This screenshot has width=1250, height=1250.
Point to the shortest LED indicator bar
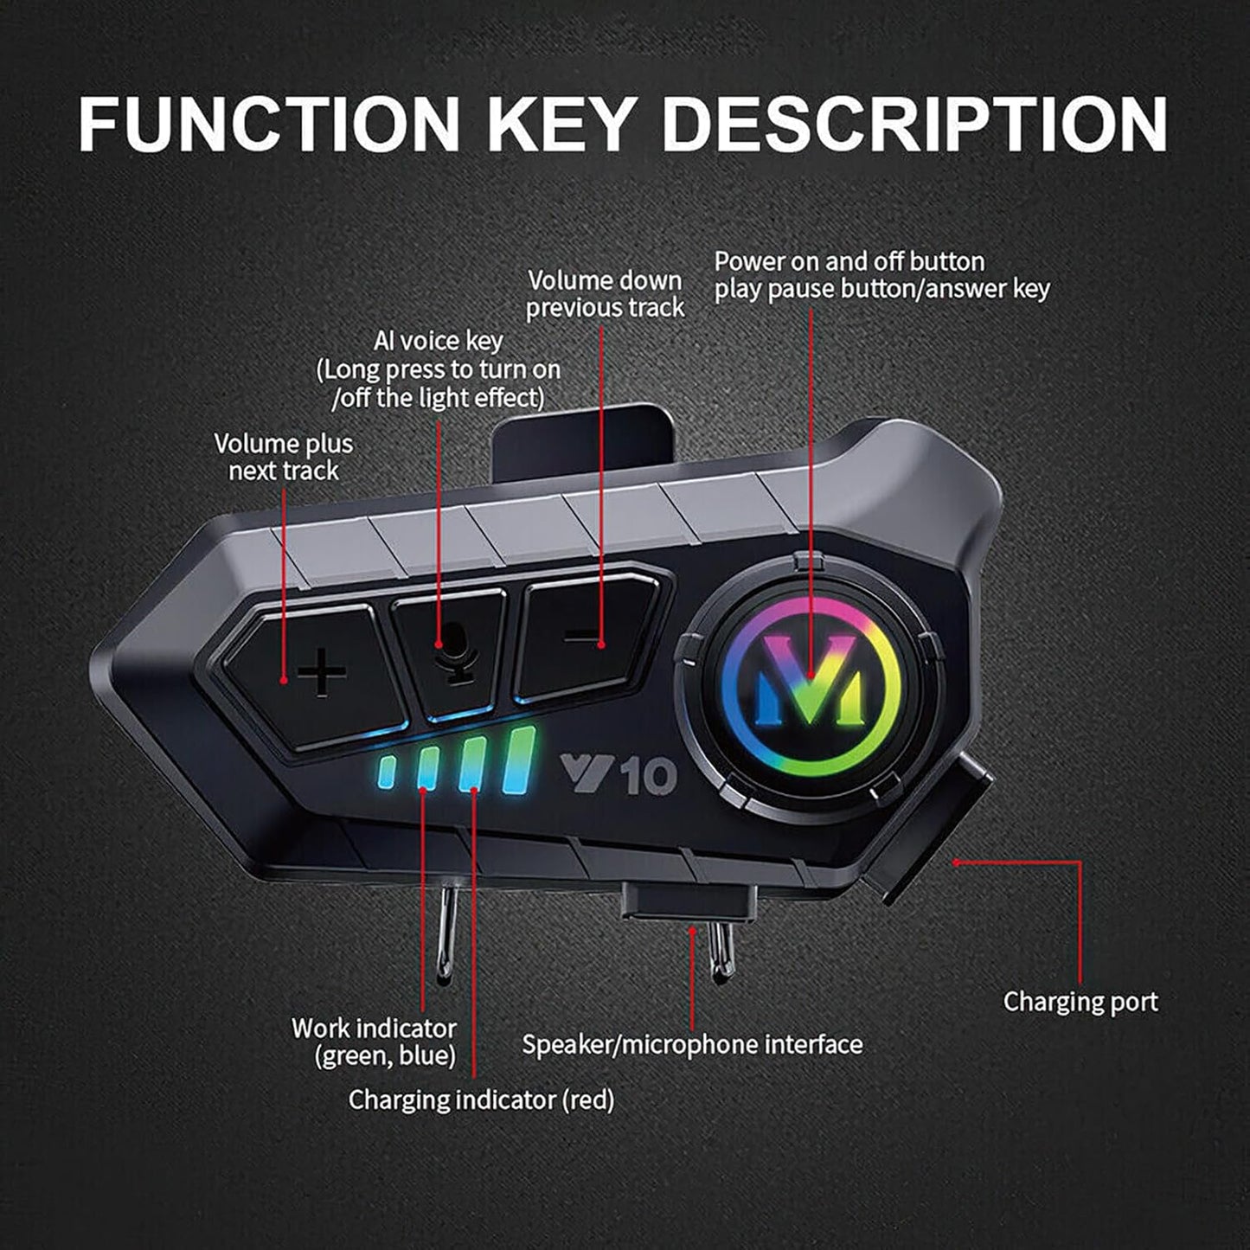[x=386, y=773]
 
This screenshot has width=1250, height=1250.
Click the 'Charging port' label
[x=1080, y=1002]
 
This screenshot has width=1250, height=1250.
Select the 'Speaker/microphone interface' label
[x=692, y=1044]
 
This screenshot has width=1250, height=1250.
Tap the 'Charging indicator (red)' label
[x=481, y=1099]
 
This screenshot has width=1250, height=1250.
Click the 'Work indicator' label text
[x=374, y=1029]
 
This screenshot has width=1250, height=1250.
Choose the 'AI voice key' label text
[x=438, y=341]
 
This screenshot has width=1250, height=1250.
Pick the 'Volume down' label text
[x=605, y=280]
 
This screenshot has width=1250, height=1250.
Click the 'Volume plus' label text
[x=284, y=444]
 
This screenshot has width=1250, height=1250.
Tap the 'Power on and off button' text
[x=849, y=261]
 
